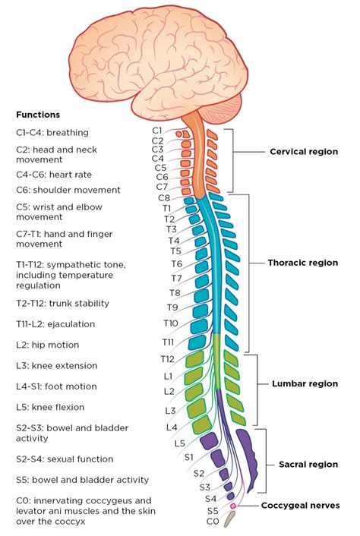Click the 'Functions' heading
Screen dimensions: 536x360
[x=38, y=115]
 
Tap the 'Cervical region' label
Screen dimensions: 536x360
[x=304, y=152]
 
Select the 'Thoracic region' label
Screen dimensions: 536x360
[x=302, y=263]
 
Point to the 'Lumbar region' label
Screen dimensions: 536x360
[x=305, y=384]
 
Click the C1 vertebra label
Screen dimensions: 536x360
[x=157, y=131]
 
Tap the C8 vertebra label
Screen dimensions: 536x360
[x=163, y=197]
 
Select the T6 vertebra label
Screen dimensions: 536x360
[x=176, y=264]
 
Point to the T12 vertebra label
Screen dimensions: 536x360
[x=168, y=358]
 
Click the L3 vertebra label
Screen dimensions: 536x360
[x=172, y=410]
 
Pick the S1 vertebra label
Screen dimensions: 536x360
[x=189, y=457]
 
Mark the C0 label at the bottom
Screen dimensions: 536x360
[x=213, y=522]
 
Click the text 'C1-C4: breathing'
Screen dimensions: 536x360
[x=52, y=132]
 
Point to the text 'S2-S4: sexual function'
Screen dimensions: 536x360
[x=65, y=459]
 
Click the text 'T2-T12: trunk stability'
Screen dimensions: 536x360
[x=62, y=303]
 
